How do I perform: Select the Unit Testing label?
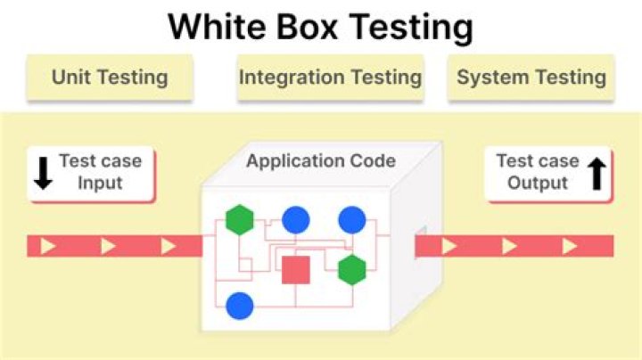point(110,77)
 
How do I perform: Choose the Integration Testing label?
point(330,77)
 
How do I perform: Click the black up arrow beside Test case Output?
point(597,173)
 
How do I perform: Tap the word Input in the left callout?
point(99,183)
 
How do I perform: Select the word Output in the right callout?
point(538,183)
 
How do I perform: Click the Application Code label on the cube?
point(321,161)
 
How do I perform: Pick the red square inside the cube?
point(295,269)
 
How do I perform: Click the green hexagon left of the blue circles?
point(240,219)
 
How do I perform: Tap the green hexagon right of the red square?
point(352,269)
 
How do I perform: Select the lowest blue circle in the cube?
point(240,306)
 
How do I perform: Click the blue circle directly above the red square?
point(295,219)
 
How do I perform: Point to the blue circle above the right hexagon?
point(352,219)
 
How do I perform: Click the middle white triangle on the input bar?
point(109,246)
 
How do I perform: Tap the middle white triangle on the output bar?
point(509,246)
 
